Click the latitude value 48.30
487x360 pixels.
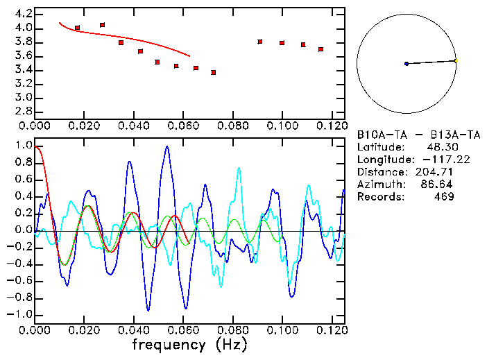tap(438, 147)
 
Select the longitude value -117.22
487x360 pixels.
tap(433, 160)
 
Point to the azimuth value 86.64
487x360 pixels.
tap(438, 185)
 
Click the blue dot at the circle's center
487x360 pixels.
tap(407, 64)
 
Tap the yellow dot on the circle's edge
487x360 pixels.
tap(456, 60)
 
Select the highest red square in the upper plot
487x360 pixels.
tap(103, 25)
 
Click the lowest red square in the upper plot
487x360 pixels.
tap(214, 72)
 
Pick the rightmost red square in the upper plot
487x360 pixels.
tap(321, 49)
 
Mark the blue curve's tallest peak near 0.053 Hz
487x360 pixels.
tap(166, 146)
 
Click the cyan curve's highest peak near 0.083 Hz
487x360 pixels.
tap(240, 167)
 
